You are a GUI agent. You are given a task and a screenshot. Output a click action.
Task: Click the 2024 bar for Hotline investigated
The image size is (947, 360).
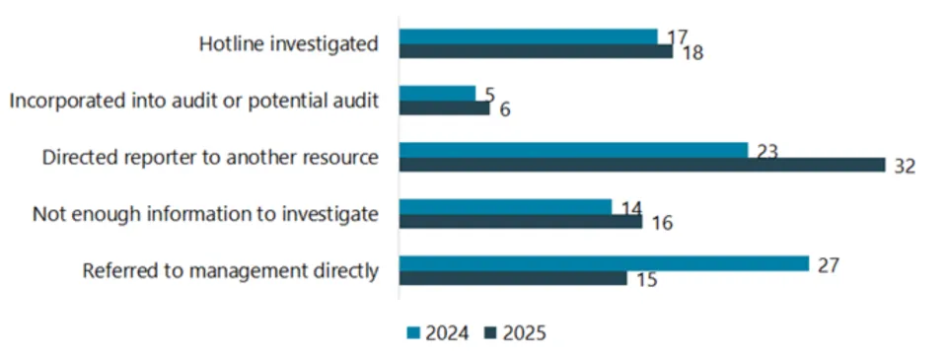point(528,36)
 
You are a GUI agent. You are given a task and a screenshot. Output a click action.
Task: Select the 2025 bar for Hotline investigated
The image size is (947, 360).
point(536,50)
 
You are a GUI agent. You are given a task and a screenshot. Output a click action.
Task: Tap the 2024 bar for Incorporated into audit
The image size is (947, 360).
point(437,94)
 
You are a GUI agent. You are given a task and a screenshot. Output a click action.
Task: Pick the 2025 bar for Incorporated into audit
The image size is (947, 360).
point(444,108)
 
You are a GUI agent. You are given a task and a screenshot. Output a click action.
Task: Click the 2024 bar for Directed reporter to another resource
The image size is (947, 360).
point(573,150)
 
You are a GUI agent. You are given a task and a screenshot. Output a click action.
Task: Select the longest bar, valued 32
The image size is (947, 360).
point(641,165)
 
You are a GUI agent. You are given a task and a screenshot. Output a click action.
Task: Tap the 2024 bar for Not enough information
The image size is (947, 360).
point(505,207)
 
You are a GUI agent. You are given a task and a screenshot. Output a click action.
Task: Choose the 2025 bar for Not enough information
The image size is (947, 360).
point(520,221)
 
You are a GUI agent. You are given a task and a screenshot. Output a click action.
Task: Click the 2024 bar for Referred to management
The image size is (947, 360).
point(604,263)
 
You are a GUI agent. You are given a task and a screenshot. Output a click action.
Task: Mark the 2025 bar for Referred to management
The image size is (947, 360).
point(512,278)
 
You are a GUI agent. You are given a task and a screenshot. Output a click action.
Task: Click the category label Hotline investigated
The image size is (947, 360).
point(288,44)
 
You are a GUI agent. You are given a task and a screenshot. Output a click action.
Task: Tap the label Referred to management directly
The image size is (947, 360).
point(230,271)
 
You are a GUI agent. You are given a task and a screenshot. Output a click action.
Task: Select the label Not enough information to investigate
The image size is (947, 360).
point(205,214)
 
